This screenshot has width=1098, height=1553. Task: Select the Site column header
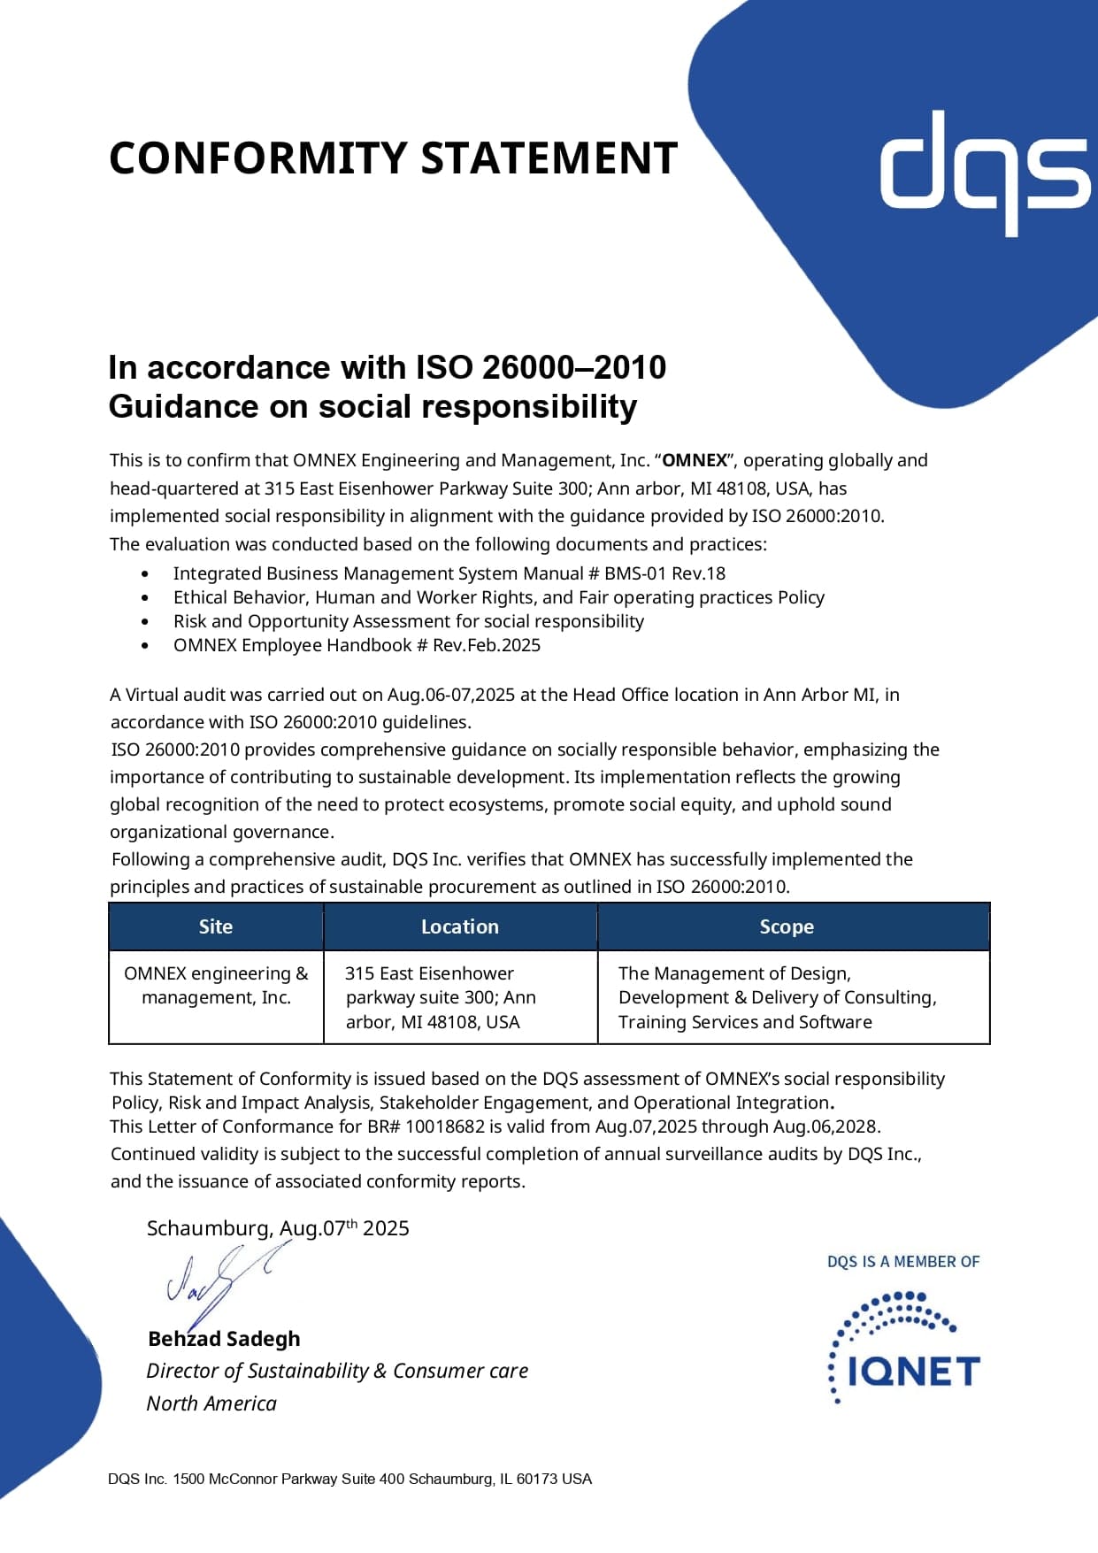point(216,926)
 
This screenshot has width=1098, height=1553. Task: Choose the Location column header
point(460,926)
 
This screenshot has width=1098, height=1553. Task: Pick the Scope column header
point(787,926)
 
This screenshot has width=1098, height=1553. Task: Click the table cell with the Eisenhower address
point(441,997)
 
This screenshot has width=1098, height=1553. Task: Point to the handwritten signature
point(221,1280)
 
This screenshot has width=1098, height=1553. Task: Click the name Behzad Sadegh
point(224,1339)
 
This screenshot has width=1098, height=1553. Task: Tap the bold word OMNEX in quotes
point(695,460)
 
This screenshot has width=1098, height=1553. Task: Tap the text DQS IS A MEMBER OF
point(903,1262)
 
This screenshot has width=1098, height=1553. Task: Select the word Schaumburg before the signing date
point(209,1228)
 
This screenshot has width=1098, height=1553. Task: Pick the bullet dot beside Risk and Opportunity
point(145,622)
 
